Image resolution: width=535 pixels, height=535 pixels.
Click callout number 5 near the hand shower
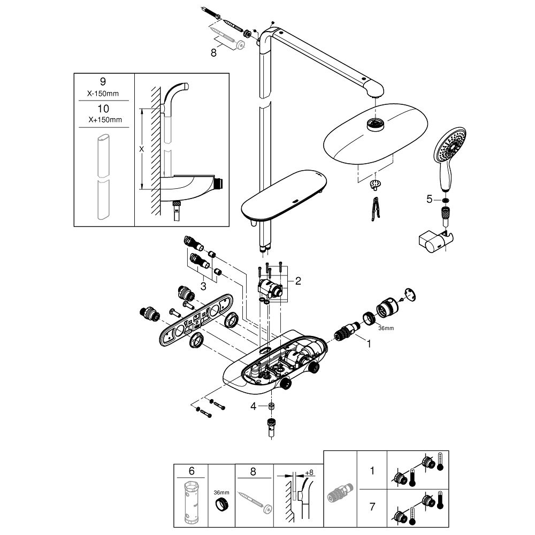[429, 199]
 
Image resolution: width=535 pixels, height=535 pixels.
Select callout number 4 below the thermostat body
[254, 406]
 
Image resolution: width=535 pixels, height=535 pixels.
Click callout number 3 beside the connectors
[204, 286]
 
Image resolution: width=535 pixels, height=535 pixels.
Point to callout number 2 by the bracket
[298, 279]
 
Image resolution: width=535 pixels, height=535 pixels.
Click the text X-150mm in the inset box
[103, 93]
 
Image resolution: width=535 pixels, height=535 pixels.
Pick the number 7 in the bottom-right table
[371, 506]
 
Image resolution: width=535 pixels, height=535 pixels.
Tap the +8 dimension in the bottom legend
[309, 472]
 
